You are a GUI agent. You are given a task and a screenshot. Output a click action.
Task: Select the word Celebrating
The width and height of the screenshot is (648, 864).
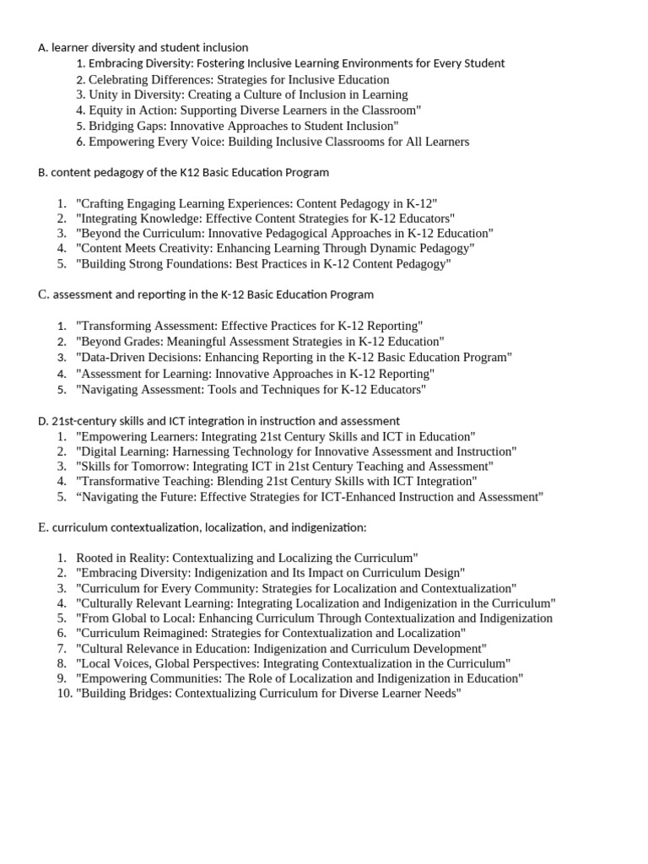(x=119, y=79)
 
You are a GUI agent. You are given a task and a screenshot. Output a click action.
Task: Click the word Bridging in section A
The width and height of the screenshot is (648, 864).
(x=112, y=126)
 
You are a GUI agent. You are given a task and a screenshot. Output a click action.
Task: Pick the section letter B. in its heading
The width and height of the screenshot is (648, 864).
(x=43, y=172)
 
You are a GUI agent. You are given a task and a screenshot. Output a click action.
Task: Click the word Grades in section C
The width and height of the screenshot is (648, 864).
(x=141, y=342)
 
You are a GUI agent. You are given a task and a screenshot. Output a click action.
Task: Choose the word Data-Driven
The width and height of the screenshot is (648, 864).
(x=112, y=357)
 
